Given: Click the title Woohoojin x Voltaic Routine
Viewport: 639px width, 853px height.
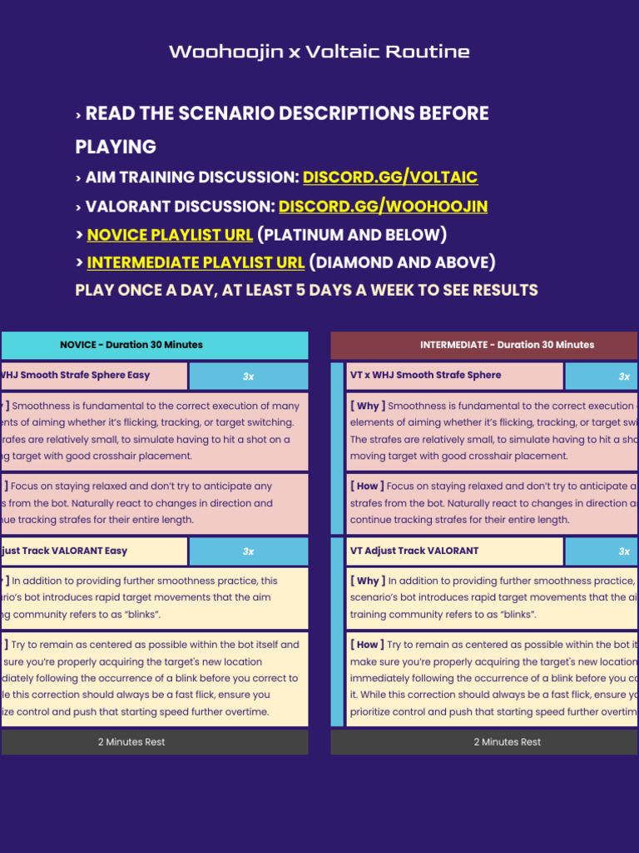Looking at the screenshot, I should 319,52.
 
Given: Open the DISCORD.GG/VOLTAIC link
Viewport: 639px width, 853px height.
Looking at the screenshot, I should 389,177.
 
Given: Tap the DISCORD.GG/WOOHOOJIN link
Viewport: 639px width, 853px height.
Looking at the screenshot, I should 383,207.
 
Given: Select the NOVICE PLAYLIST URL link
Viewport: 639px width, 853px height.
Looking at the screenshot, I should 170,234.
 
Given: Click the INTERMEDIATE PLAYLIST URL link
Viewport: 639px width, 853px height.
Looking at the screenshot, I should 196,262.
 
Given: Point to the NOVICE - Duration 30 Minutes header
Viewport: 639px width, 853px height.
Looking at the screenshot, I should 131,345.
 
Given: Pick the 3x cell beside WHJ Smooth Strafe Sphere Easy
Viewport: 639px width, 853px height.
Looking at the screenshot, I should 248,377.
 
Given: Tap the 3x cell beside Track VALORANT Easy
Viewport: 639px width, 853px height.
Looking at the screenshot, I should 248,551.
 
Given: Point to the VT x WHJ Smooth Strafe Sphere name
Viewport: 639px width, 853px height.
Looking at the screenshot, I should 425,375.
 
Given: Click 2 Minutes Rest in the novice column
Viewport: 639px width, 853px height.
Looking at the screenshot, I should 131,742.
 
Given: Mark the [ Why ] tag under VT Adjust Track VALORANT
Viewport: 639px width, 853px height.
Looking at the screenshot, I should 368,581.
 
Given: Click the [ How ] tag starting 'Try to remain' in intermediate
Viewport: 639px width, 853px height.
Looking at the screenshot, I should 368,645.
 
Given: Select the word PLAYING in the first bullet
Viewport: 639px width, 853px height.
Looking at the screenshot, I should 116,147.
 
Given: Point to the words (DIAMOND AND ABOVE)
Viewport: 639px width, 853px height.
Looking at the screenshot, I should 403,262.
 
